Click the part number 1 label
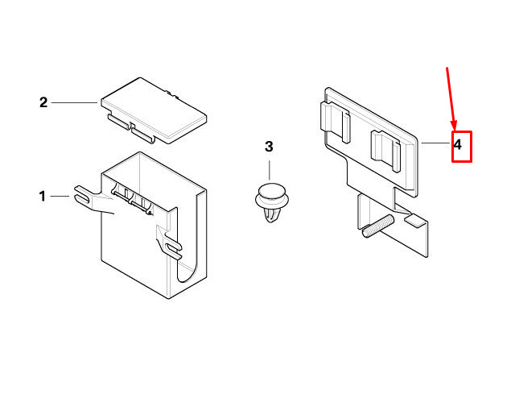[x=43, y=197]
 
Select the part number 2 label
[x=43, y=102]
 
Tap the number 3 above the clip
[x=269, y=147]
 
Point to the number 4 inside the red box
[x=458, y=145]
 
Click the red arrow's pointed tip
[x=455, y=130]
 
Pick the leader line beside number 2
[x=74, y=102]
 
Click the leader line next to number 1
[x=60, y=197]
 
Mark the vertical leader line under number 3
[x=270, y=170]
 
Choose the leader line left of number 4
[x=435, y=143]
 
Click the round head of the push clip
[x=272, y=193]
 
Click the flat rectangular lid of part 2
[x=154, y=110]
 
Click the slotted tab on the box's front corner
[x=169, y=243]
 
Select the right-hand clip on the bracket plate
[x=385, y=151]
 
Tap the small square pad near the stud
[x=415, y=220]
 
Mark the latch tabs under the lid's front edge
[x=131, y=129]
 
